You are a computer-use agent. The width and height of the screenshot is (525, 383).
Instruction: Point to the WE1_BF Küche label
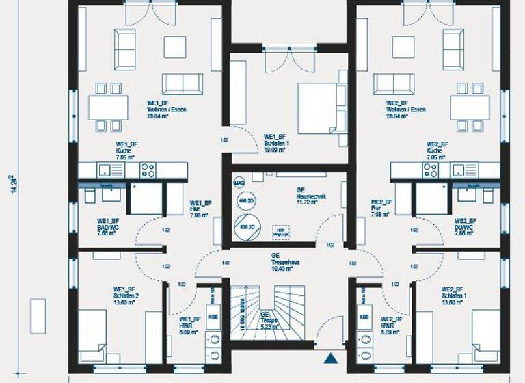pos(126,150)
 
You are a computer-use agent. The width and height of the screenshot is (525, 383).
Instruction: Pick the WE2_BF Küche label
pos(437,150)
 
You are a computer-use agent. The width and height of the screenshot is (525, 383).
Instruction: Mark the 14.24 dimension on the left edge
pos(12,185)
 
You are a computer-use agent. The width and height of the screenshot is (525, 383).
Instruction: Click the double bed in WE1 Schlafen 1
pos(318,108)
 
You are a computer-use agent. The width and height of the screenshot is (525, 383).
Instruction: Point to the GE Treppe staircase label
pos(267,320)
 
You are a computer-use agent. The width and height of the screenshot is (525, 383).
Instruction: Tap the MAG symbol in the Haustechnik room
pos(239,183)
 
